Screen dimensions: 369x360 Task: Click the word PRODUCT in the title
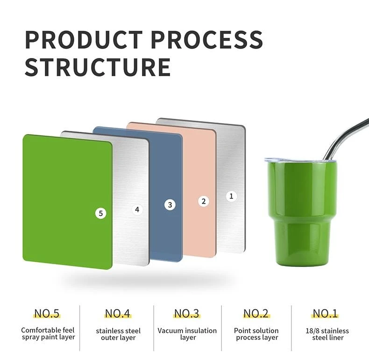coord(84,39)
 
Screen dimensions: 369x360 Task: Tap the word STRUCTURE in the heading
coord(98,67)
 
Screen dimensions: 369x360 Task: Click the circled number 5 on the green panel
coord(101,213)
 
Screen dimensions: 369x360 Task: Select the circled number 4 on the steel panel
coord(137,209)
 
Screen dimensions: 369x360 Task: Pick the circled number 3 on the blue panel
coord(170,205)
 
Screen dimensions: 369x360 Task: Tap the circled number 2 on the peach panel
coord(204,201)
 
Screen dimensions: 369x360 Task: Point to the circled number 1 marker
coord(231,196)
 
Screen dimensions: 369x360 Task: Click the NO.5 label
coord(47,314)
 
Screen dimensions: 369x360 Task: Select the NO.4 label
coord(117,314)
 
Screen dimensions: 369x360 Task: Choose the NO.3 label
coord(187,314)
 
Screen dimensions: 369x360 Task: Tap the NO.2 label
coord(256,314)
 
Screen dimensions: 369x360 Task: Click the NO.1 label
coord(325,314)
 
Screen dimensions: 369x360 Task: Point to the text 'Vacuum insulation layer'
coord(187,334)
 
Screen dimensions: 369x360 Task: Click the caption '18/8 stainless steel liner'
coord(327,334)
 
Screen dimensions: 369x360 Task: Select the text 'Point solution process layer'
coord(256,334)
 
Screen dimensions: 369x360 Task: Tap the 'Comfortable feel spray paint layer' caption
coord(48,334)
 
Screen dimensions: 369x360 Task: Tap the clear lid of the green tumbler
coord(300,160)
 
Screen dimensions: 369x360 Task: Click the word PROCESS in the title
coord(207,39)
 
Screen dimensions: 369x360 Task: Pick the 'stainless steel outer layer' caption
coord(118,334)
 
